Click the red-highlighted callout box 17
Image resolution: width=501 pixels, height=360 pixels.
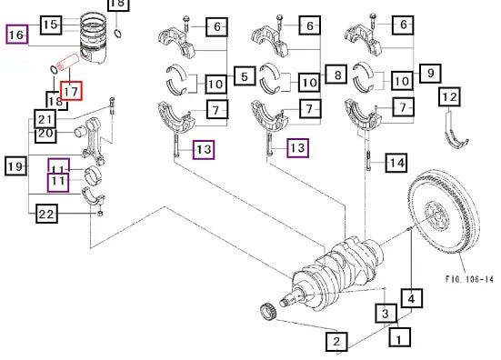coord(71,91)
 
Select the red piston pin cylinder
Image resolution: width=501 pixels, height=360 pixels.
coord(67,62)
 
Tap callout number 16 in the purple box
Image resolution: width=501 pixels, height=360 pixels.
coord(16,35)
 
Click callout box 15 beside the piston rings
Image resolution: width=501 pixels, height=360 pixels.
coord(51,25)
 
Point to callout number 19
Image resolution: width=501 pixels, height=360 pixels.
coord(15,166)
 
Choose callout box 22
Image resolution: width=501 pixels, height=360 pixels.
coord(46,214)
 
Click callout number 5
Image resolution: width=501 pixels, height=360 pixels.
coord(245,76)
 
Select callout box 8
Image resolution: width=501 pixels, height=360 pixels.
coord(336,75)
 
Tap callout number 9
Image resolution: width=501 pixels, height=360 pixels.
coord(430,73)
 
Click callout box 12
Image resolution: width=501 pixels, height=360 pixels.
coord(450,96)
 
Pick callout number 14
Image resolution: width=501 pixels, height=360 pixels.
coord(396,163)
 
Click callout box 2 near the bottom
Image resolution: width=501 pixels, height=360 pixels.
coord(336,342)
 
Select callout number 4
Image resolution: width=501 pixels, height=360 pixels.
coord(412,298)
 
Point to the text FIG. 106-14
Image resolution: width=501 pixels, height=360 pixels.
coord(470,279)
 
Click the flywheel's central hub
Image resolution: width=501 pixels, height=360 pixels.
coord(436,216)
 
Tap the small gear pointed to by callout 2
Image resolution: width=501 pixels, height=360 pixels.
coord(267,312)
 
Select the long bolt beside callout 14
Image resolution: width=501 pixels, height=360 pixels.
coord(368,161)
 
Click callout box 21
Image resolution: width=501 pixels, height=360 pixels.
coord(45,119)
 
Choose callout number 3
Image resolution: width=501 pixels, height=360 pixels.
coord(386,314)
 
